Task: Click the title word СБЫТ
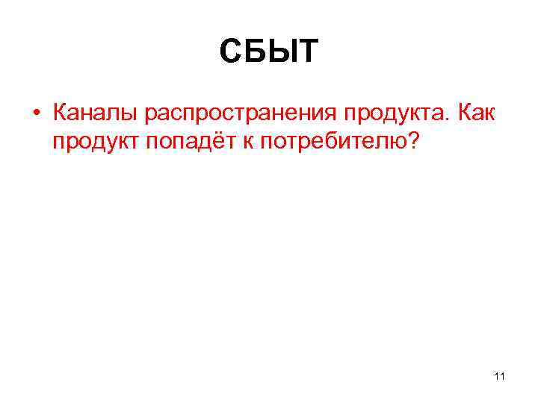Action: point(269,51)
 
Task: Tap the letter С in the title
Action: point(232,51)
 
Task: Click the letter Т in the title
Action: point(307,51)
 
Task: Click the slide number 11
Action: point(499,375)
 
